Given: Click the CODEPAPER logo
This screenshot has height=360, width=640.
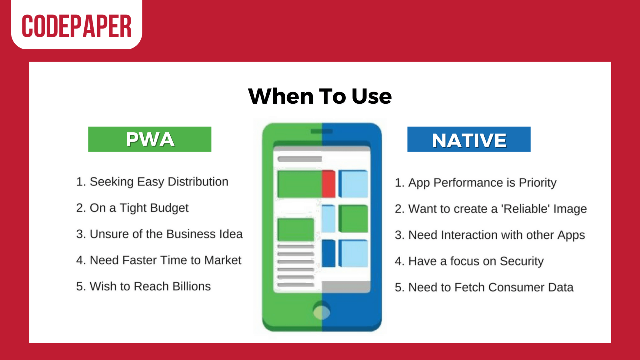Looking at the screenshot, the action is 77,26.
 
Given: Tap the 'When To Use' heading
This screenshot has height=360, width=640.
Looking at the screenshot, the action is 320,96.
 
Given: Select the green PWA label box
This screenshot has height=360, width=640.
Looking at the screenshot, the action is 150,139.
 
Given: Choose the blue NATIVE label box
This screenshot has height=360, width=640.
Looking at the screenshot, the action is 469,139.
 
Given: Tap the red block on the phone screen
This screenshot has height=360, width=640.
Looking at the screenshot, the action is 328,184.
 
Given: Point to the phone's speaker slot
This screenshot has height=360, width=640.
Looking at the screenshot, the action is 322,131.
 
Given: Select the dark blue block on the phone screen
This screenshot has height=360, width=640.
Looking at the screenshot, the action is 328,253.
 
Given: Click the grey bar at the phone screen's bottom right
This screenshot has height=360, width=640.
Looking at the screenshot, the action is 346,286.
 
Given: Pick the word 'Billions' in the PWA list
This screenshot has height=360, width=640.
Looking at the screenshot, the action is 192,286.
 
